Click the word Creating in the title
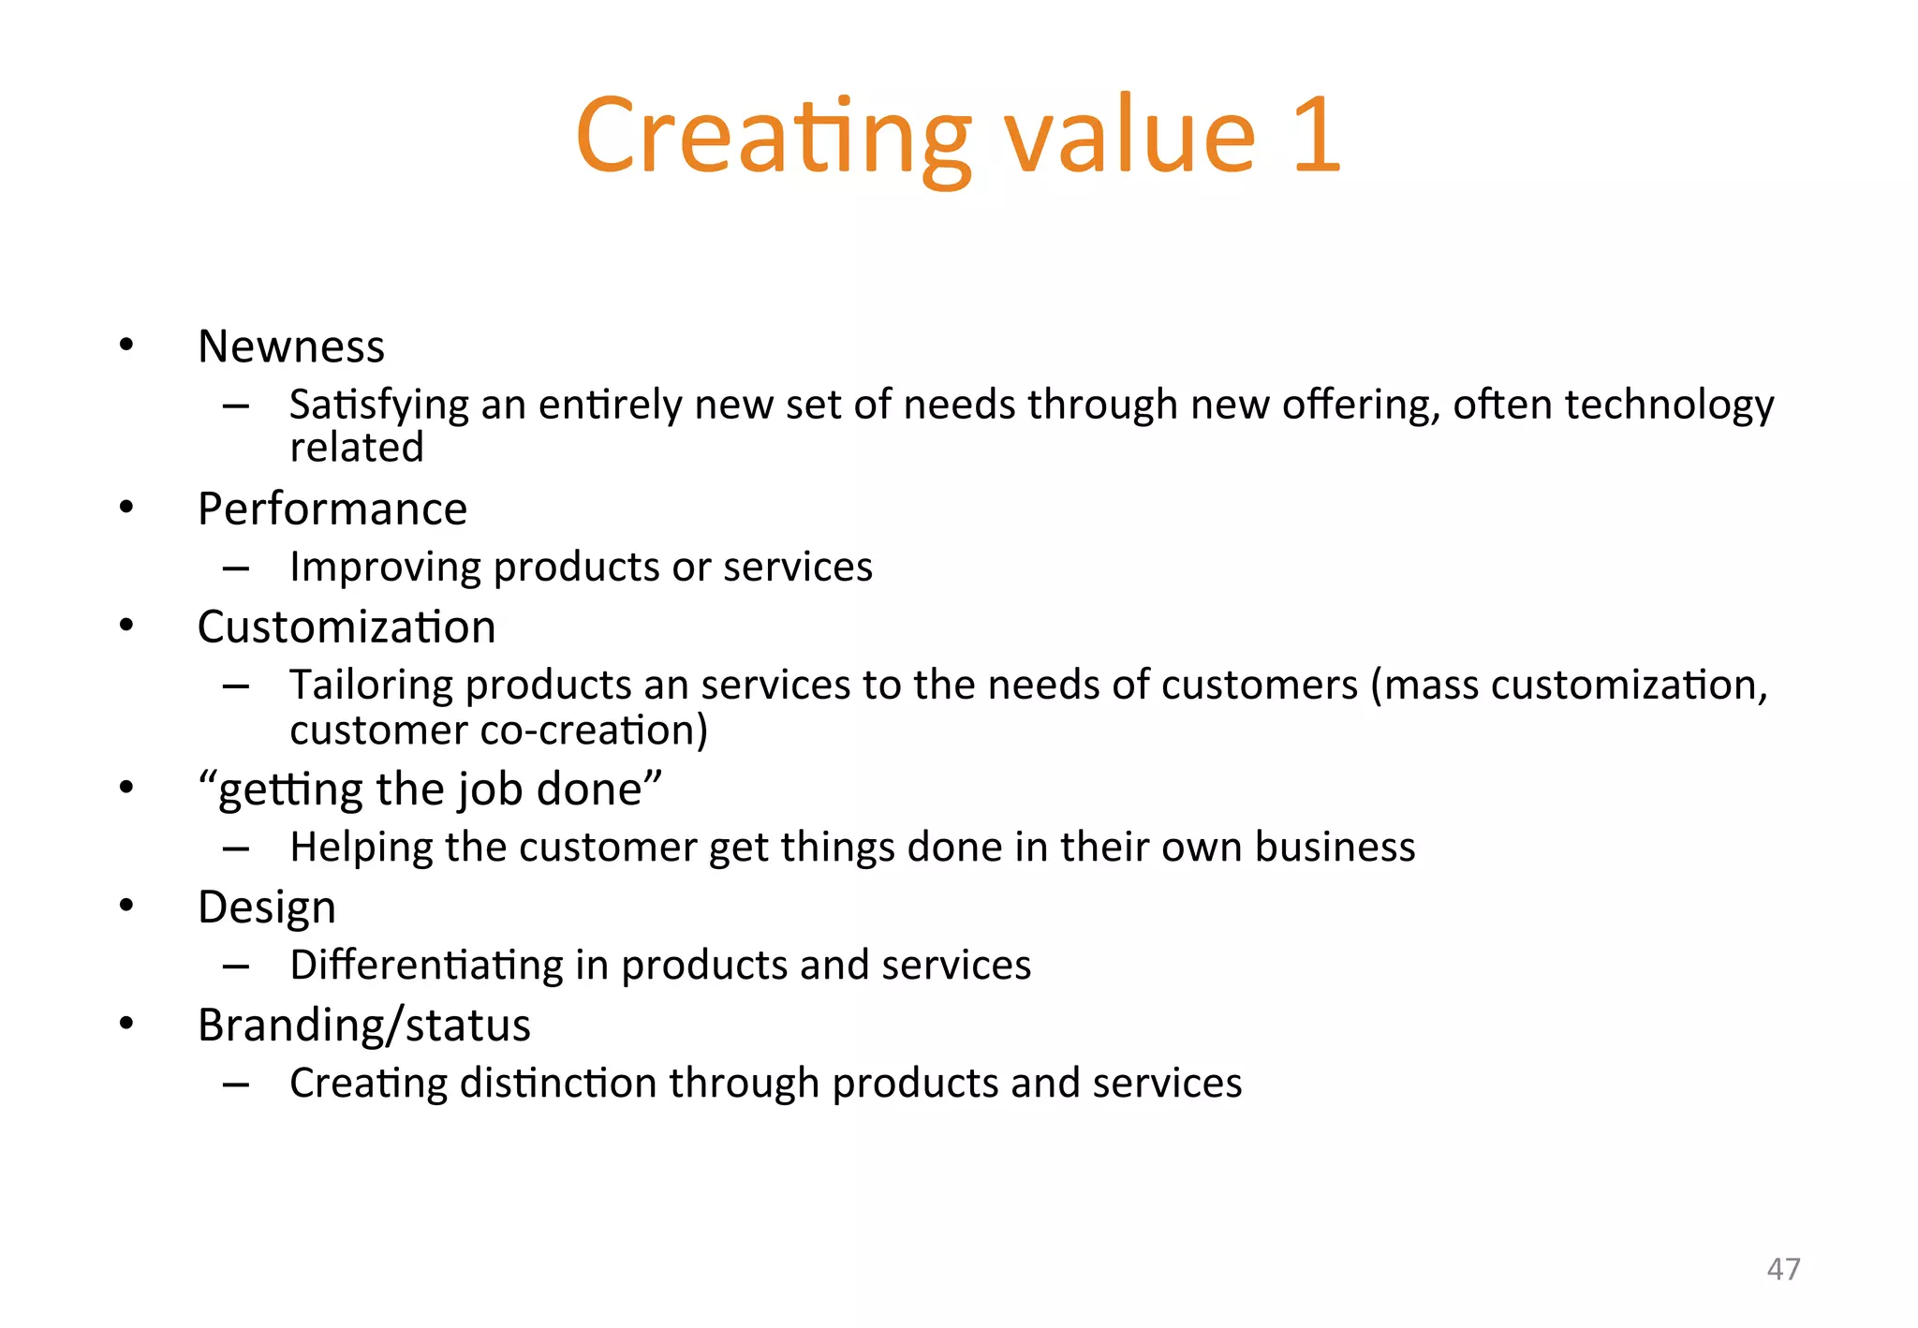point(774,136)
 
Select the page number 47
point(1783,1269)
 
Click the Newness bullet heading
point(291,347)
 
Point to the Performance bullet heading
point(332,509)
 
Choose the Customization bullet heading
point(347,627)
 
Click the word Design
point(267,907)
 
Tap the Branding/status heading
point(364,1025)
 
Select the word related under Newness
point(357,448)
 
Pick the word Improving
point(384,567)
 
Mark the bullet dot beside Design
point(126,906)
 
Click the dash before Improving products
point(236,568)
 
